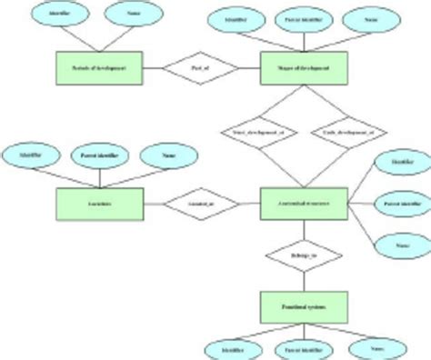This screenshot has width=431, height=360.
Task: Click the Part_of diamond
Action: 198,69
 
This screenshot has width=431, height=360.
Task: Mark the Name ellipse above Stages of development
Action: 370,17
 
